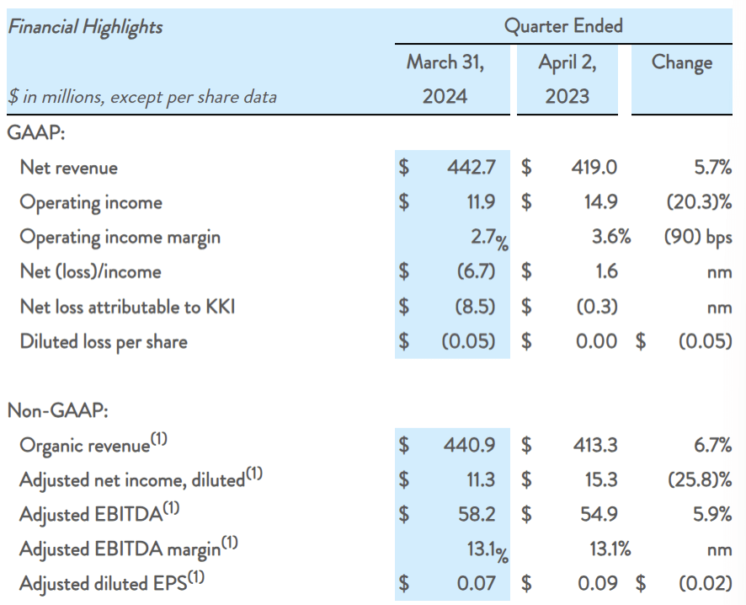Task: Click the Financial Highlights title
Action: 85,26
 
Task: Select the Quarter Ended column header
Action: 563,25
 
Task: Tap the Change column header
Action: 681,62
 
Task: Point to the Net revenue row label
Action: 69,168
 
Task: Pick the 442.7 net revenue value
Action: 471,168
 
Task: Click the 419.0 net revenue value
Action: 594,168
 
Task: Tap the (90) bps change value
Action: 697,237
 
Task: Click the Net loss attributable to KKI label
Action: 127,307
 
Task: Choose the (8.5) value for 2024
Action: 475,307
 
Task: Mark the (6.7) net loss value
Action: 475,271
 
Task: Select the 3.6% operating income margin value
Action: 610,237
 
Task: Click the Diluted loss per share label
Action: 104,341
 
